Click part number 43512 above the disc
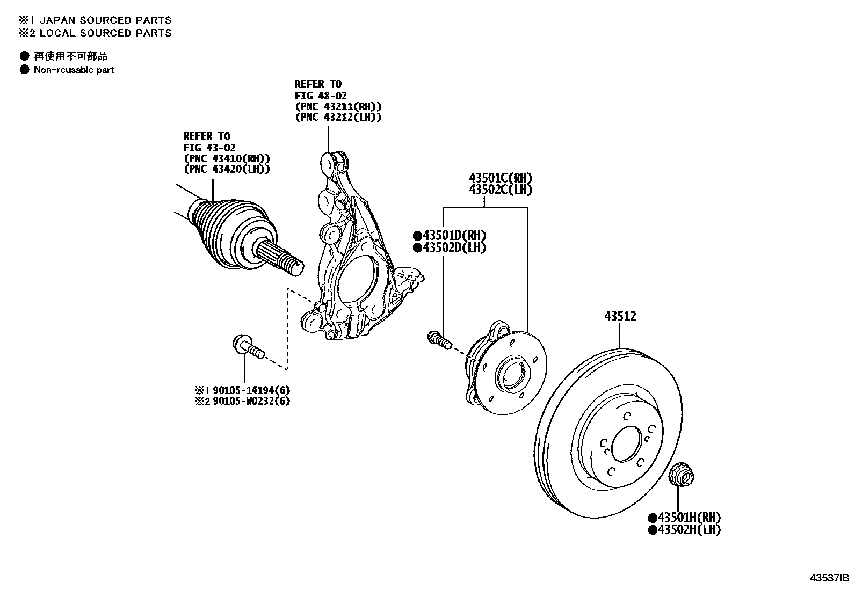point(620,317)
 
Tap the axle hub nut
point(681,475)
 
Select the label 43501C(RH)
point(501,178)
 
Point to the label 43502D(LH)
point(450,248)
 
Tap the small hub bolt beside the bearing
point(439,339)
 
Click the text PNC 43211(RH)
point(338,107)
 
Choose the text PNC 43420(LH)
point(227,169)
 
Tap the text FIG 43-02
point(209,147)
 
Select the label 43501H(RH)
point(685,518)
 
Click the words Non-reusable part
point(74,70)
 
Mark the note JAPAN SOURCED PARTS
point(102,20)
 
